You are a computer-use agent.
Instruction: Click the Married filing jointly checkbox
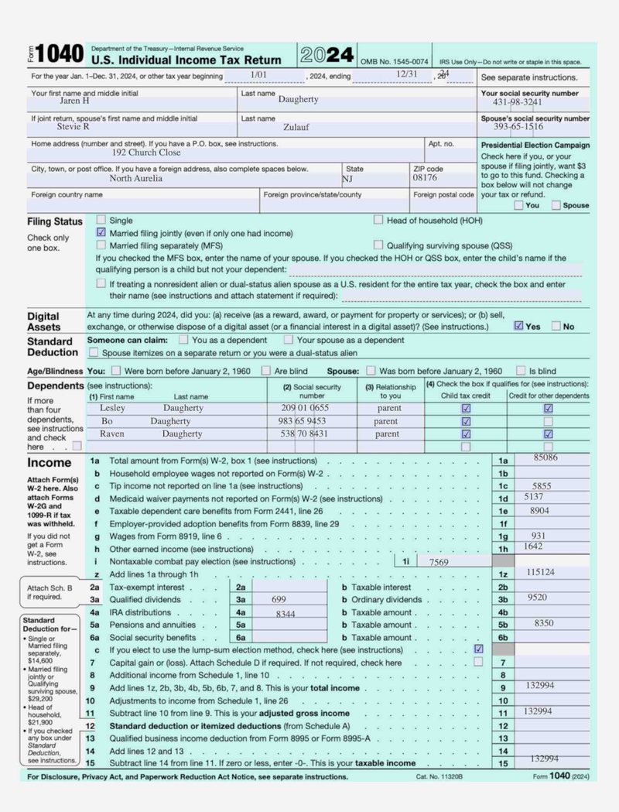(x=101, y=232)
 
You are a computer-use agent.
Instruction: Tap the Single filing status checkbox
(x=101, y=220)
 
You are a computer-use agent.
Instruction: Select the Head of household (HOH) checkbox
(x=378, y=220)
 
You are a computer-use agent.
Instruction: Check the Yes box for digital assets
(x=518, y=326)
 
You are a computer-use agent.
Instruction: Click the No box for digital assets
(x=556, y=326)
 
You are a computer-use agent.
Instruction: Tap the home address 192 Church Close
(x=146, y=152)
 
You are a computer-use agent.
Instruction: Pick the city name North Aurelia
(x=135, y=178)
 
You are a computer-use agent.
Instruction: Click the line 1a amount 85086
(x=545, y=458)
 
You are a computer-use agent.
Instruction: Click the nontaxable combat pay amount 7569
(x=439, y=562)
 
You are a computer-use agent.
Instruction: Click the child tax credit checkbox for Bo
(x=466, y=421)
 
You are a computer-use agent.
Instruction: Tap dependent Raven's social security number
(x=305, y=434)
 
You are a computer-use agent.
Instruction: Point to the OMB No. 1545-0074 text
(x=395, y=61)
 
